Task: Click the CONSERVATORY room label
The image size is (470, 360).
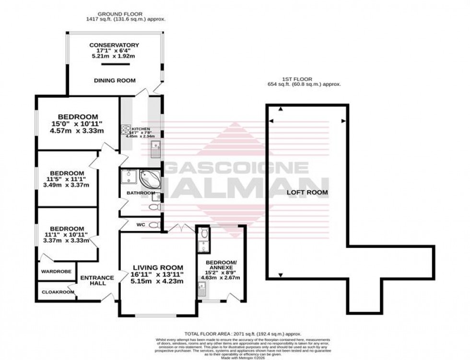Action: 114,45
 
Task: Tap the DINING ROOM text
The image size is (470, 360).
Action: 114,81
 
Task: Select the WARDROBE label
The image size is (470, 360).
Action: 57,271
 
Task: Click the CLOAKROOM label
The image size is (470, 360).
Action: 57,292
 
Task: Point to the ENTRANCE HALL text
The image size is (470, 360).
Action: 97,280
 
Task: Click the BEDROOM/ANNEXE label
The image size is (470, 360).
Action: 221,265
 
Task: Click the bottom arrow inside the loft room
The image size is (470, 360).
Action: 280,275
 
